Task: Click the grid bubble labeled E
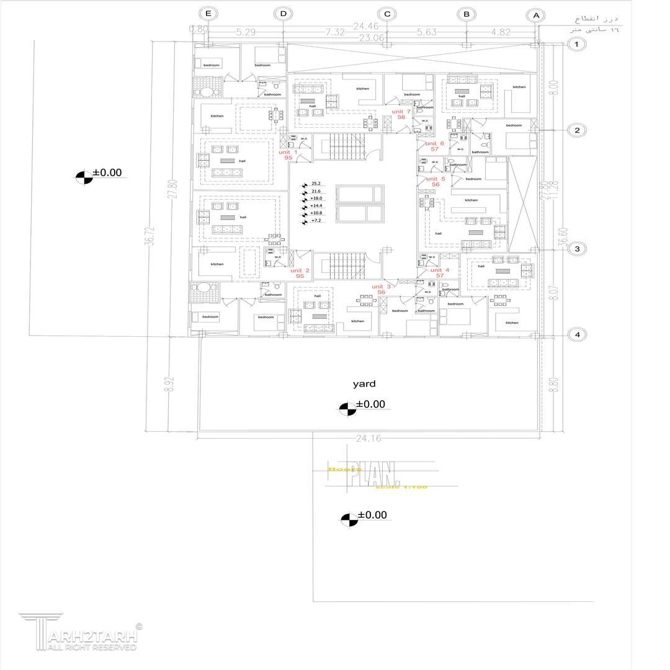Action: tap(208, 14)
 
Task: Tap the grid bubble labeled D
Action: tap(284, 14)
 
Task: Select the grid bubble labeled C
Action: tap(387, 14)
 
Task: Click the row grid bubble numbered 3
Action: tap(577, 249)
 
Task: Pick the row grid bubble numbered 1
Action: tap(577, 44)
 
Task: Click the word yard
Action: tap(364, 384)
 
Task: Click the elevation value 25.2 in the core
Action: tap(316, 184)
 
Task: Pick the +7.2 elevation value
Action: tap(316, 221)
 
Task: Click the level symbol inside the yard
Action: tap(347, 408)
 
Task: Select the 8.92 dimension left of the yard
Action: tap(168, 384)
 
